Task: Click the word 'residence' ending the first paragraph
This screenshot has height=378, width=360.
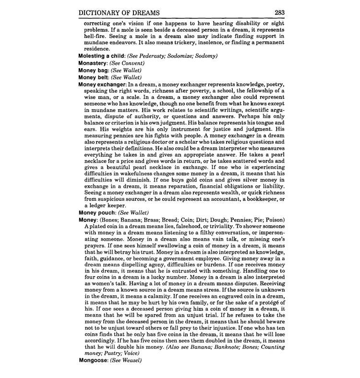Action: pos(97,49)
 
